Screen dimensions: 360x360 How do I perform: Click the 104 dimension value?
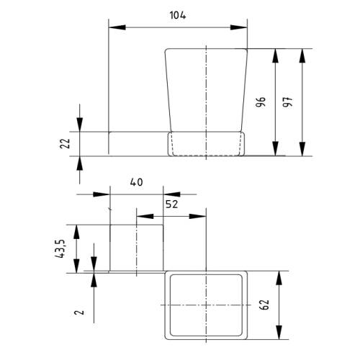pos(178,16)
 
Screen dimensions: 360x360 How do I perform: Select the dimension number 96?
pos(261,102)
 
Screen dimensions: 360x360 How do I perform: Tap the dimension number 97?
pos(287,102)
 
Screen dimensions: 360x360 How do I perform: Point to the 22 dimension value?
pos(65,143)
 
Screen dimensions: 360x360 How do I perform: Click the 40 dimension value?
pos(136,182)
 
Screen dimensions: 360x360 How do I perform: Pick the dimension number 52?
pos(172,204)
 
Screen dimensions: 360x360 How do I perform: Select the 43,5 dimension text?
pos(60,248)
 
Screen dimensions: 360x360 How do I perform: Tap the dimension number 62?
pos(264,305)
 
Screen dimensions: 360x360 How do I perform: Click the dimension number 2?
pos(79,312)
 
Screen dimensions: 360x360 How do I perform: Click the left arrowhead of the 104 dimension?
pos(117,27)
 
